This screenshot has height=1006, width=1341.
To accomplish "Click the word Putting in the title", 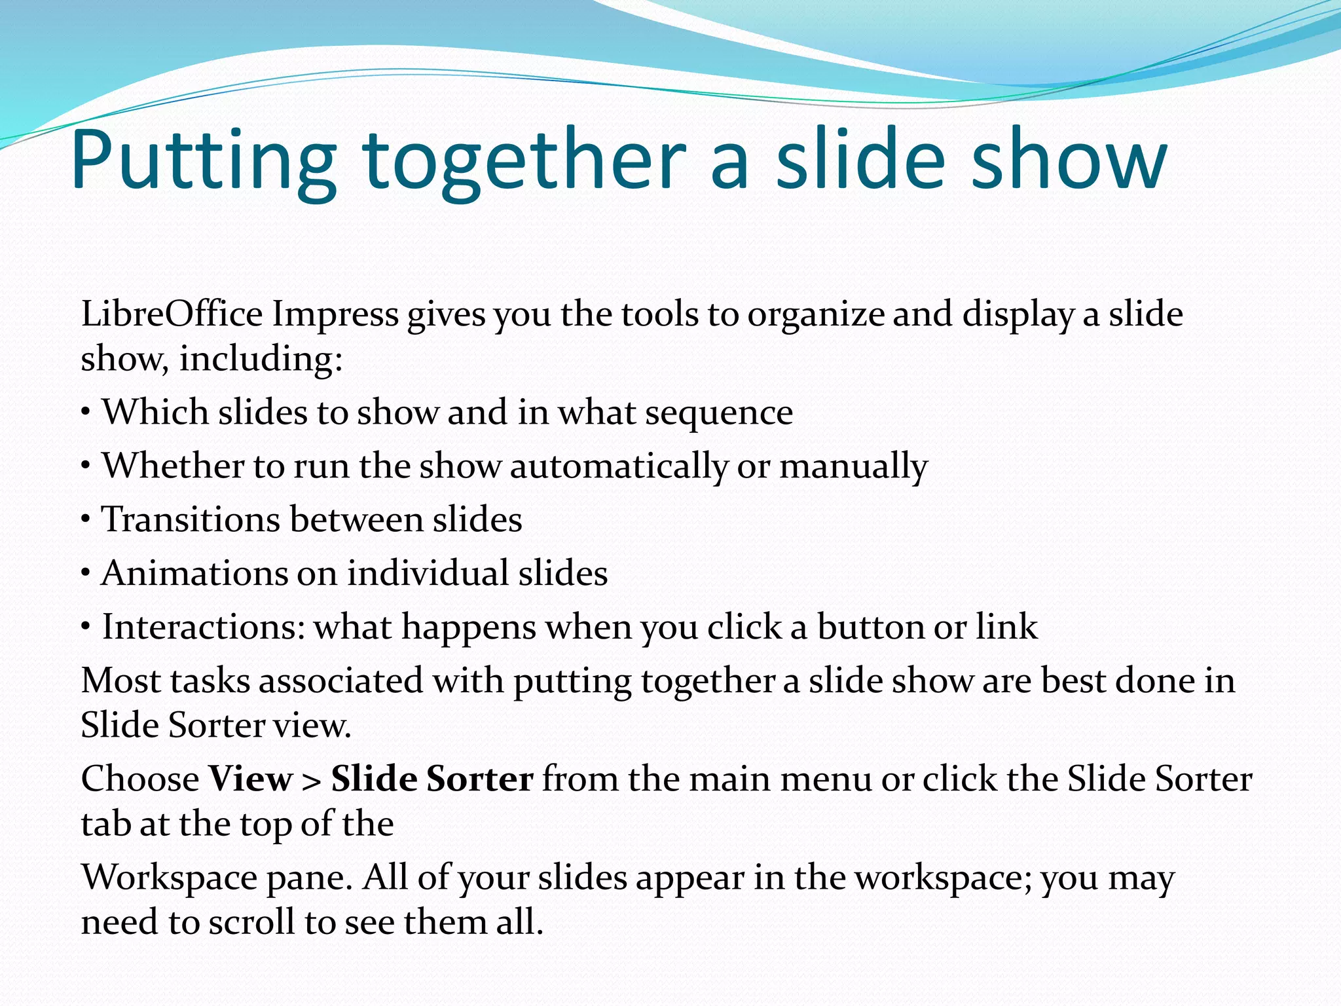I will [203, 160].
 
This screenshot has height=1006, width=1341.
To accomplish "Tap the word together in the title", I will [524, 160].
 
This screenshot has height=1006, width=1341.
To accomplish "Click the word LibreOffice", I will [172, 314].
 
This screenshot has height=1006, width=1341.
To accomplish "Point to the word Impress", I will [335, 314].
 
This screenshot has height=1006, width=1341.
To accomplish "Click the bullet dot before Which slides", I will [86, 413].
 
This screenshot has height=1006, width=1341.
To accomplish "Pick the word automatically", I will [619, 466].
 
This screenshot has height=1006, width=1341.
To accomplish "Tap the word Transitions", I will [191, 519].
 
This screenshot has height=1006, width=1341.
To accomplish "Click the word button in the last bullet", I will [870, 627].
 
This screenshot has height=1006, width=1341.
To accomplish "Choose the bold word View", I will [251, 779].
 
